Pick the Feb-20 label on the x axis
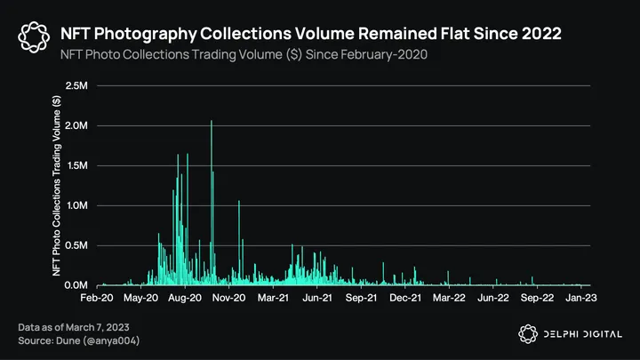[x=97, y=300]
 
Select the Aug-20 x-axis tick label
[x=185, y=300]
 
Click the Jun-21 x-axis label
[x=317, y=300]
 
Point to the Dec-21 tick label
[x=405, y=300]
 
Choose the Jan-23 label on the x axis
[x=581, y=300]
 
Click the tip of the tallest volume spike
[x=211, y=121]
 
